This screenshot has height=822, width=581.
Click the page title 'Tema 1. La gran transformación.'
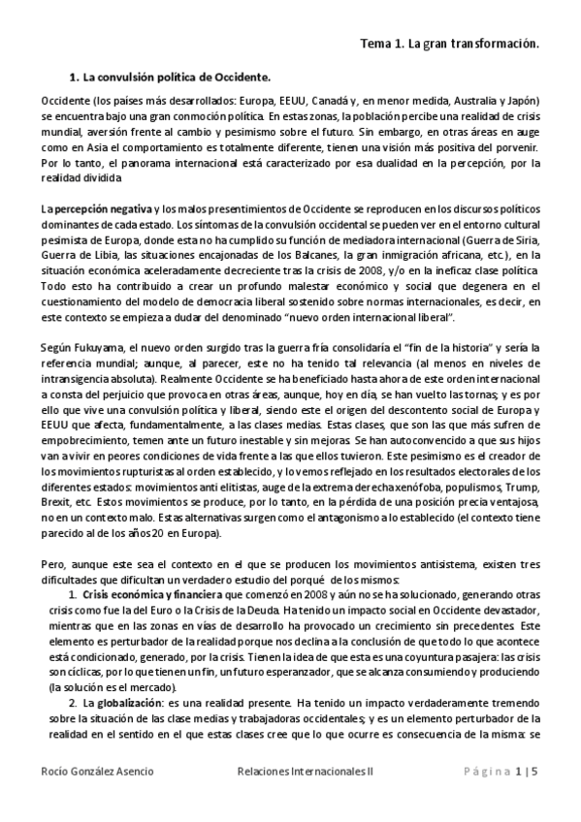449,44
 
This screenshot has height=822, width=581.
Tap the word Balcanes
287,255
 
